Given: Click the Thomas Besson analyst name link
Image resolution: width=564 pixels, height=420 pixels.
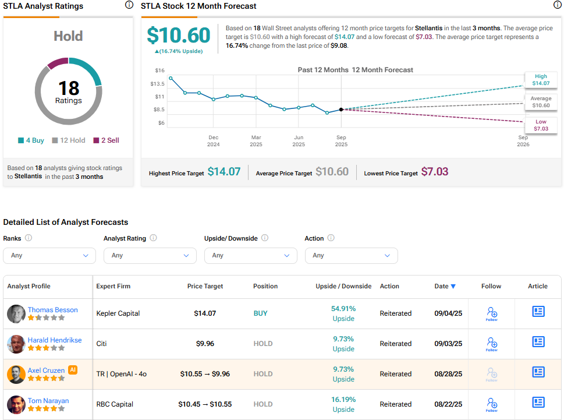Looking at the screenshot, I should coord(52,310).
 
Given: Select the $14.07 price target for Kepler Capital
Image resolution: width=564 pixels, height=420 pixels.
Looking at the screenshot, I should coord(205,313).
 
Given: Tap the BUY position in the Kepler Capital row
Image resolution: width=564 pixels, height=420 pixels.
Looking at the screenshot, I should coord(260,313).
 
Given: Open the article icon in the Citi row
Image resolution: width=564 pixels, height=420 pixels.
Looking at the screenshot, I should coord(538,342).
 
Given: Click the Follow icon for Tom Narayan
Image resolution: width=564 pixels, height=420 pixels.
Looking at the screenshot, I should coord(492,403).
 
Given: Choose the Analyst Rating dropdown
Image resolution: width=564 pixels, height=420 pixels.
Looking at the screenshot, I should coord(150,256).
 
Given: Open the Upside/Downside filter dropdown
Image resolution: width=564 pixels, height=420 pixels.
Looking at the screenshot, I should coord(250,256).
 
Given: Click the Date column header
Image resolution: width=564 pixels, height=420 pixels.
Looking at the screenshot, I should coord(445,286).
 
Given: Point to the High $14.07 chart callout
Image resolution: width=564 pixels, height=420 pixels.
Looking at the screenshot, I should coord(541,80).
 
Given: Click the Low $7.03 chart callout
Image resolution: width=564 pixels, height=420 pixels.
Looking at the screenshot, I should coord(541,125).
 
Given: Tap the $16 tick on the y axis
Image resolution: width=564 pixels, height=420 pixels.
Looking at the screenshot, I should coord(159,70).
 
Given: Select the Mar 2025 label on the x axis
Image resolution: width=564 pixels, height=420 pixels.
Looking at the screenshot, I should coord(256,141).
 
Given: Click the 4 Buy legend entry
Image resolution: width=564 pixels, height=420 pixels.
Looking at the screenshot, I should coord(33,140).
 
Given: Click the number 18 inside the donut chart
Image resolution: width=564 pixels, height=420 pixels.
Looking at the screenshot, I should coord(69,87).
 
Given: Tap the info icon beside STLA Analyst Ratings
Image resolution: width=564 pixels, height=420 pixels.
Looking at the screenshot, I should coord(129,5).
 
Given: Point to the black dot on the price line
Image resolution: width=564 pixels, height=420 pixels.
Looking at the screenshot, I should coord(341,109).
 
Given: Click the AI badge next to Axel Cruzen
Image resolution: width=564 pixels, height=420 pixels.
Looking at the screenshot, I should coord(73,369).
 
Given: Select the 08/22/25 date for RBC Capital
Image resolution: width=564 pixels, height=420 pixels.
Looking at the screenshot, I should coord(448,404).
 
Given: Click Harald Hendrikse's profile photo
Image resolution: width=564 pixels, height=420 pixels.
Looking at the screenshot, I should coord(16,344).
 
